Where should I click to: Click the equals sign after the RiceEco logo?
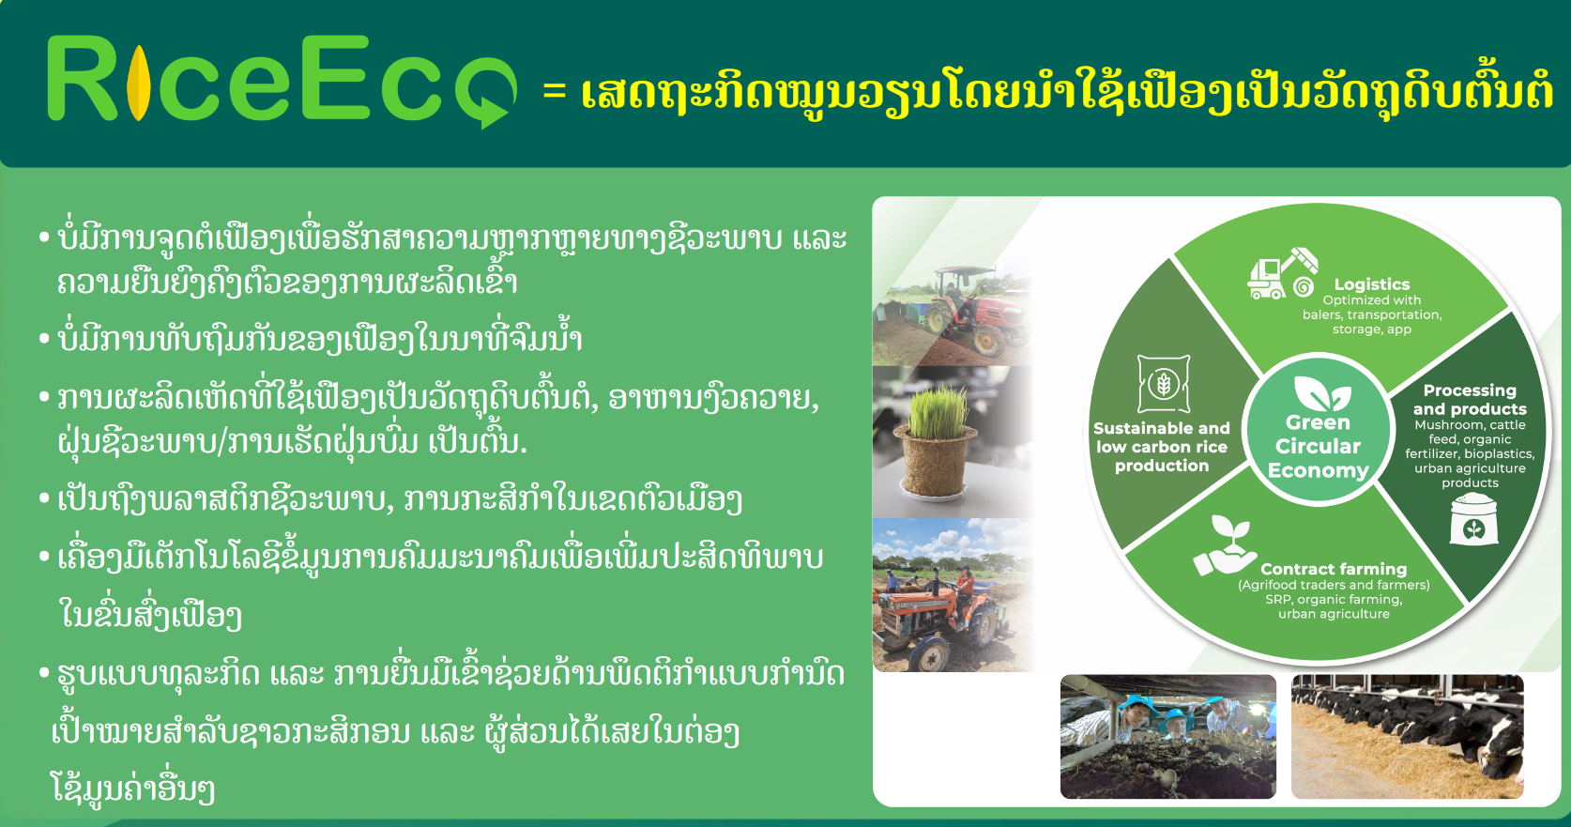click(x=554, y=90)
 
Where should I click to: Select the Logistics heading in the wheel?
click(x=1372, y=284)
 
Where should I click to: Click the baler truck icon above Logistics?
click(x=1282, y=273)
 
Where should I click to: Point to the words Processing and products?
click(x=1470, y=399)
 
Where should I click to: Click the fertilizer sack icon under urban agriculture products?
click(x=1473, y=519)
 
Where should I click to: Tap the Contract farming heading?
click(x=1334, y=569)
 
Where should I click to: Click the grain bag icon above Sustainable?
click(x=1164, y=384)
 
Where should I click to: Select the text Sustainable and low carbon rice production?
click(x=1162, y=447)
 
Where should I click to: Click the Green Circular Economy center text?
click(x=1318, y=446)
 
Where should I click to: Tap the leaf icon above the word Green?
click(x=1321, y=393)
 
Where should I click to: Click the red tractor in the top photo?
click(x=977, y=312)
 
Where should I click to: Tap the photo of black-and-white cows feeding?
click(x=1408, y=737)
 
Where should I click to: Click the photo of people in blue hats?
click(x=1167, y=737)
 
